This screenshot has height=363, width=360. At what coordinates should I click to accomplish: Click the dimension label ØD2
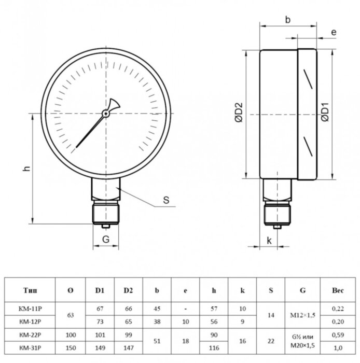tap(239, 112)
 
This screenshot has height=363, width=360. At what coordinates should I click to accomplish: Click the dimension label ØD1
tap(325, 112)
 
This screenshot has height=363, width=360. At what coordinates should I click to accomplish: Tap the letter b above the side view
tap(288, 20)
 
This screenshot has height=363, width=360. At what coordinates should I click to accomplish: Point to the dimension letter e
tap(334, 32)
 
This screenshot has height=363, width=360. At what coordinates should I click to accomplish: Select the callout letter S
tap(166, 200)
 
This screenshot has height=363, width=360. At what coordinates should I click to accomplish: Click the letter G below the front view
tap(106, 239)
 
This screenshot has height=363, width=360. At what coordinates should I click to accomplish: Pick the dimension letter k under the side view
tap(269, 241)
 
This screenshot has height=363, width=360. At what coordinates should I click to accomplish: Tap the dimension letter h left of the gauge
tap(27, 169)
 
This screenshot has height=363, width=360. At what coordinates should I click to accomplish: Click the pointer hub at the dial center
tap(106, 114)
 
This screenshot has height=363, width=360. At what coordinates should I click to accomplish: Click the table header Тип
tap(30, 290)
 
